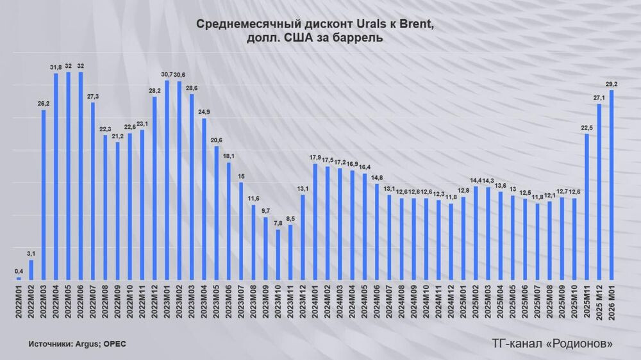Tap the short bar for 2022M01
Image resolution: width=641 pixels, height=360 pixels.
pyautogui.click(x=19, y=279)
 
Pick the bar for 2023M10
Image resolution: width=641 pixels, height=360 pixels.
pyautogui.click(x=278, y=255)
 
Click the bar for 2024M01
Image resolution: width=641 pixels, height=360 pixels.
pyautogui.click(x=315, y=222)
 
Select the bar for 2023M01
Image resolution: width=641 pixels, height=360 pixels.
pyautogui.click(x=167, y=180)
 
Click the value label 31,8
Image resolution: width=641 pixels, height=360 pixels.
pyautogui.click(x=56, y=68)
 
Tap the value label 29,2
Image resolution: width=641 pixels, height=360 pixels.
pyautogui.click(x=612, y=84)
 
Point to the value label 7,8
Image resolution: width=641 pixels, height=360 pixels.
pyautogui.click(x=278, y=224)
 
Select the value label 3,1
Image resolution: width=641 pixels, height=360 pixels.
pyautogui.click(x=31, y=254)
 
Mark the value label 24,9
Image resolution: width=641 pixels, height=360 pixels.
pyautogui.click(x=204, y=113)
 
